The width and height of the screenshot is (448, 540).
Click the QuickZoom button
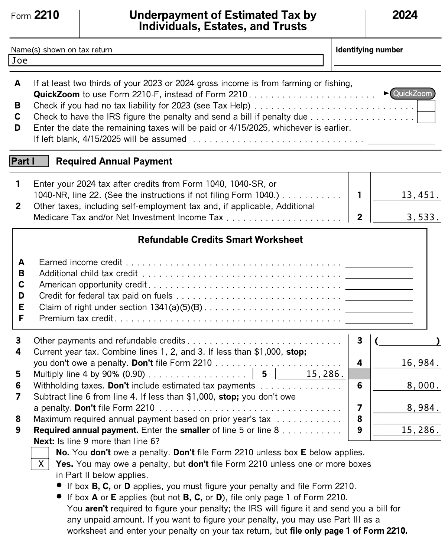(x=412, y=94)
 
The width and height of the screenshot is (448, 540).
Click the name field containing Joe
(x=166, y=61)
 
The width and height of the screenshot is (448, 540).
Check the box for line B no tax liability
(x=426, y=106)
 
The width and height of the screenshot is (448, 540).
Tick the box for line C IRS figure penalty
(x=426, y=117)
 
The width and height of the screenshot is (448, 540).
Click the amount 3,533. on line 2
(x=423, y=217)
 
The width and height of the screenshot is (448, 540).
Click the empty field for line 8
(x=407, y=419)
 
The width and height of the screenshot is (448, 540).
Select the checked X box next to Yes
(x=40, y=464)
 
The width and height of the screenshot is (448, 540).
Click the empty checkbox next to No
(x=40, y=453)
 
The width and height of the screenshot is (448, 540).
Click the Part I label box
(x=29, y=161)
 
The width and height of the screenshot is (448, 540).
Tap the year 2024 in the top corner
(x=405, y=15)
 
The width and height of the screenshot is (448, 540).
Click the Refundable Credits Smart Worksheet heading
(x=220, y=240)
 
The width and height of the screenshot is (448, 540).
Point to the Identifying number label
(x=369, y=50)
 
